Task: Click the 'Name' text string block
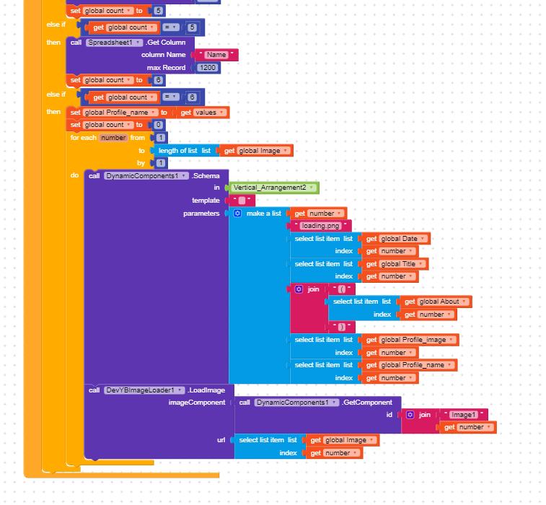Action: pyautogui.click(x=216, y=55)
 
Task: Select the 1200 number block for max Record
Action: pyautogui.click(x=208, y=68)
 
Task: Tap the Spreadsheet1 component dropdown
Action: pyautogui.click(x=114, y=43)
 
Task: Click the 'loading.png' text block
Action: pyautogui.click(x=320, y=226)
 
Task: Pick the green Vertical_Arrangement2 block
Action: pyautogui.click(x=273, y=188)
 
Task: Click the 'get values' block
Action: pyautogui.click(x=203, y=113)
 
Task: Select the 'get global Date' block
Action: pyautogui.click(x=396, y=239)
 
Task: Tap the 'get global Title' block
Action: pyautogui.click(x=395, y=264)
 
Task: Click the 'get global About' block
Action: pyautogui.click(x=436, y=302)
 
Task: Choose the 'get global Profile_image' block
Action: pyautogui.click(x=410, y=340)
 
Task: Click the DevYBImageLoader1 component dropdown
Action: pyautogui.click(x=144, y=390)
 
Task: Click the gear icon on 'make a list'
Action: pyautogui.click(x=237, y=213)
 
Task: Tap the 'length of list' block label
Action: pyautogui.click(x=177, y=151)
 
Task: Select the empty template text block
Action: pyautogui.click(x=242, y=201)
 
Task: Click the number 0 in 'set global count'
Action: pyautogui.click(x=158, y=125)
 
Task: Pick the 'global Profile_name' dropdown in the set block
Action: pyautogui.click(x=120, y=113)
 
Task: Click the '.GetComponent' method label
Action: pyautogui.click(x=366, y=403)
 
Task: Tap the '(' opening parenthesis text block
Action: pyautogui.click(x=342, y=289)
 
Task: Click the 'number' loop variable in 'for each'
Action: pyautogui.click(x=113, y=138)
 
